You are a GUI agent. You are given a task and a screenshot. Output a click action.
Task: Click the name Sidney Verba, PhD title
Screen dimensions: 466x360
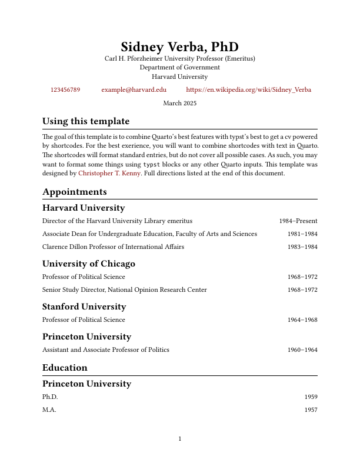[x=180, y=47]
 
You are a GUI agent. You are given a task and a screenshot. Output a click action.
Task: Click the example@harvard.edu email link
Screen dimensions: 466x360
[x=134, y=90]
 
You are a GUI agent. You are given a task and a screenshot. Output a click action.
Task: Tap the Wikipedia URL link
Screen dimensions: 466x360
[x=248, y=90]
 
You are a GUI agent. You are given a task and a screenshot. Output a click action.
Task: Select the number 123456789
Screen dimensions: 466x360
[x=65, y=90]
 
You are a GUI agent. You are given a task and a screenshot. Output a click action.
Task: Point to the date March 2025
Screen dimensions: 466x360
[x=180, y=104]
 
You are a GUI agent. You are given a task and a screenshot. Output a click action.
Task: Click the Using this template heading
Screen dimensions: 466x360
[x=86, y=122]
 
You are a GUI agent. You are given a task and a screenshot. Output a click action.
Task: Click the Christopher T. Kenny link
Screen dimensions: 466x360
[x=109, y=174]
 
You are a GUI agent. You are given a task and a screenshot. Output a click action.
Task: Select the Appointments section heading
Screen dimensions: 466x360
[x=75, y=192]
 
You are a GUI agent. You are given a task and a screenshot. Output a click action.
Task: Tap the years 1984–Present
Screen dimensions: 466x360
[x=298, y=221]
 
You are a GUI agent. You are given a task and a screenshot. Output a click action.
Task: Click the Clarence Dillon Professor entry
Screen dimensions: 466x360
[x=113, y=247]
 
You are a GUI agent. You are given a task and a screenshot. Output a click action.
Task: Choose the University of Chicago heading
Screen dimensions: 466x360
[x=89, y=264]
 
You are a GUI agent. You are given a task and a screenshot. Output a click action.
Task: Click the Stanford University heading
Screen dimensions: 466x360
[x=84, y=307]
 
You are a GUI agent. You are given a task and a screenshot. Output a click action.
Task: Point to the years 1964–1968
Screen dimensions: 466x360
[x=302, y=320]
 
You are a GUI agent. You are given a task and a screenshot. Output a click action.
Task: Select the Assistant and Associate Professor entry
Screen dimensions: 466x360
[x=106, y=350]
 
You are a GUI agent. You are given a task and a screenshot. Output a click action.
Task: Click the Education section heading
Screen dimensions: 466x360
[x=65, y=368]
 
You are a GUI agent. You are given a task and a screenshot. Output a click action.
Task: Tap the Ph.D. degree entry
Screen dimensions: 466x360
[x=50, y=397]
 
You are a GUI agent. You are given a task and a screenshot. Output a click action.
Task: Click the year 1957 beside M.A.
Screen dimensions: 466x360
[x=311, y=410]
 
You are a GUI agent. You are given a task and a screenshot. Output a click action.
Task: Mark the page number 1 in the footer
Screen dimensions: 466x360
[x=180, y=439]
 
